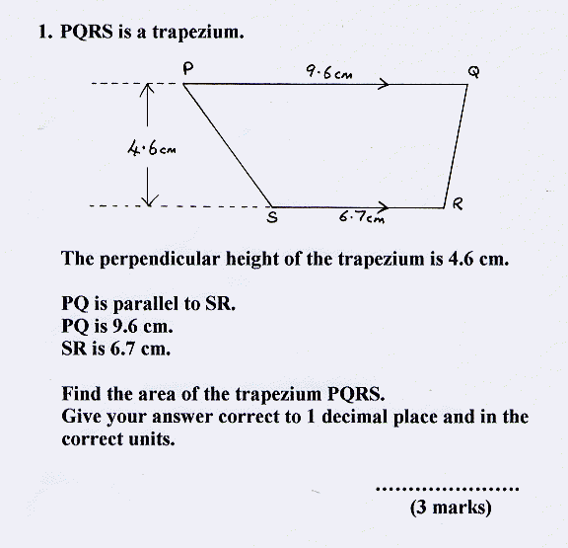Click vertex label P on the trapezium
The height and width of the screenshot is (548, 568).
pos(187,68)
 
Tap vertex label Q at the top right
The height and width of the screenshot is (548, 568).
pos(473,72)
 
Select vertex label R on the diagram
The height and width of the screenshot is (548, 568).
pos(458,203)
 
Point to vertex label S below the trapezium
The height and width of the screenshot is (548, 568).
pos(272,217)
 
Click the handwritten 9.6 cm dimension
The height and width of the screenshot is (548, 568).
pos(329,71)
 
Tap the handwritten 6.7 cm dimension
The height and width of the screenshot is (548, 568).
pos(362,217)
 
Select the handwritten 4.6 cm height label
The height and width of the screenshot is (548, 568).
pos(152,148)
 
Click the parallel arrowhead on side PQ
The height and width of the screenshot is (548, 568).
pos(384,84)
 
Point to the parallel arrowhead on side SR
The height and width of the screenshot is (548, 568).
pos(384,207)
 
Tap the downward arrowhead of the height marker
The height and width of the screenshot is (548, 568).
pos(149,200)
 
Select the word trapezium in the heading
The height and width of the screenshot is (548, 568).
pos(198,33)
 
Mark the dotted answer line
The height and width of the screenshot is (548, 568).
pos(448,489)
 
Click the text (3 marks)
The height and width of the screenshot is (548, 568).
pos(451,507)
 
